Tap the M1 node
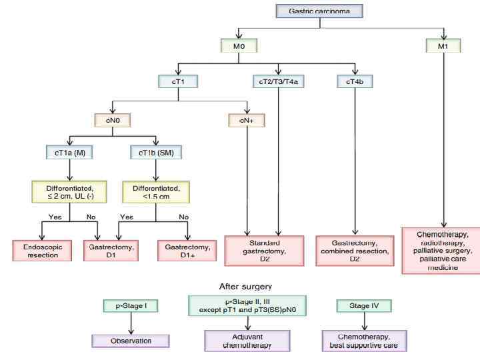(442, 47)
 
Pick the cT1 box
(177, 81)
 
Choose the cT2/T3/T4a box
(278, 81)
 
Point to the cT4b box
(355, 81)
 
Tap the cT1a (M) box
(69, 152)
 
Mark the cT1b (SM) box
(154, 152)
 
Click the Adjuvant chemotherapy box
(247, 341)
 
